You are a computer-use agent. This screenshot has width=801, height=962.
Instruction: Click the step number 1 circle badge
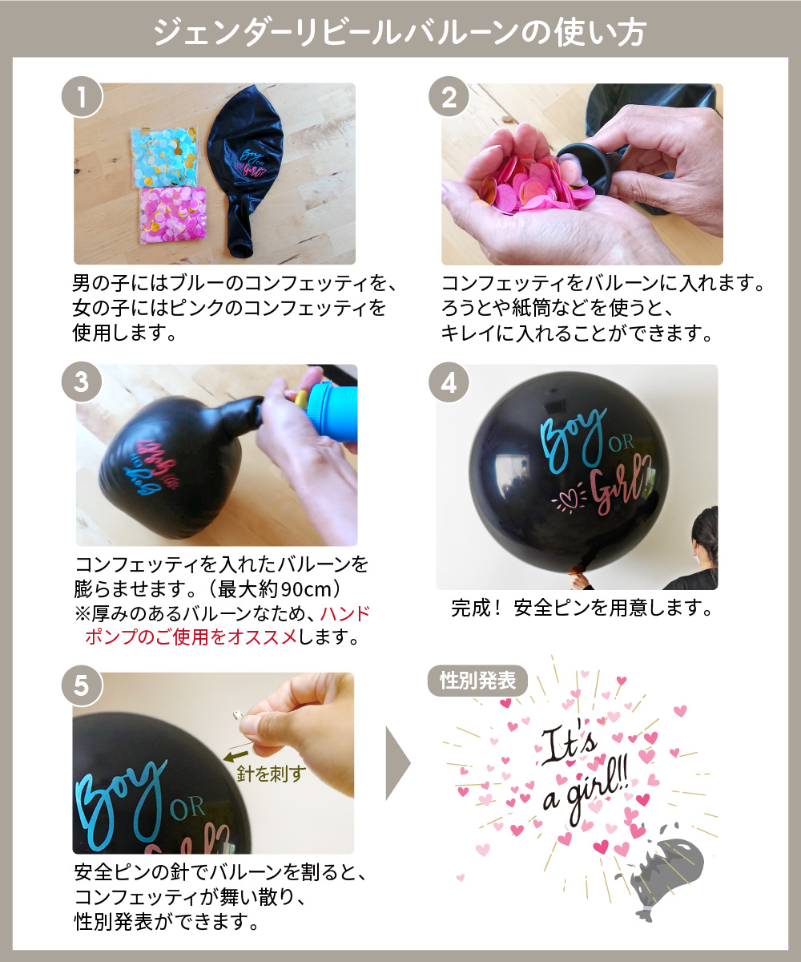82,97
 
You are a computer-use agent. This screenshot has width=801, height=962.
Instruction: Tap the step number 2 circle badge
449,97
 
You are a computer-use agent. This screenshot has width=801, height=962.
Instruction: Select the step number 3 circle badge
82,382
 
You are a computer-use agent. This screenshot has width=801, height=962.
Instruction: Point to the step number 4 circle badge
449,382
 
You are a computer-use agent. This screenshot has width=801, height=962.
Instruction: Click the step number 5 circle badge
82,685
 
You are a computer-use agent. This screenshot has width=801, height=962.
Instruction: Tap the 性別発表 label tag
477,681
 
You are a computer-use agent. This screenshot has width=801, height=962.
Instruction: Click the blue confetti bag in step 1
165,156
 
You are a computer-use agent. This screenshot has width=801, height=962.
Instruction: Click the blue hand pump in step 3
332,411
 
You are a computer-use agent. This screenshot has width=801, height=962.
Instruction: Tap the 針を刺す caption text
272,774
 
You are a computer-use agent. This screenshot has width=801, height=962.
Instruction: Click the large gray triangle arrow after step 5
398,763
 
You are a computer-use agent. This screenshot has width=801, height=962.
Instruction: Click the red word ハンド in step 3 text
345,613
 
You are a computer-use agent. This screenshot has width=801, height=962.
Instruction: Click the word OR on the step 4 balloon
622,443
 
